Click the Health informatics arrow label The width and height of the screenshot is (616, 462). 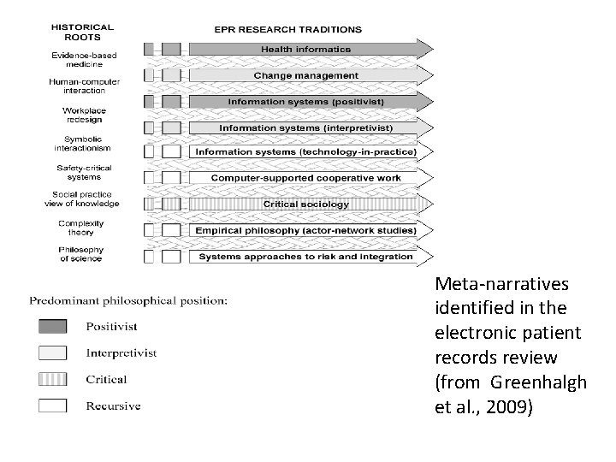(x=305, y=50)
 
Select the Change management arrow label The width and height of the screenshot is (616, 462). (x=305, y=75)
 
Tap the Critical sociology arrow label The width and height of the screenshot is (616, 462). (x=305, y=204)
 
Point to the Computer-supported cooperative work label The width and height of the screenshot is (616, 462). (x=305, y=178)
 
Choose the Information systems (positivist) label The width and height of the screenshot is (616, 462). (x=305, y=101)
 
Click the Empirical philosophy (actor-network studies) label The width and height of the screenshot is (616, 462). (x=305, y=230)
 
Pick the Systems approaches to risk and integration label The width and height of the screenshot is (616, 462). (x=305, y=256)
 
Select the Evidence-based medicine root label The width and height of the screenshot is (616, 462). (x=83, y=59)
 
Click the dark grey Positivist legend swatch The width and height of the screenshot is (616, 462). (x=51, y=326)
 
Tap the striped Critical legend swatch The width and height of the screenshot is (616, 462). (x=51, y=379)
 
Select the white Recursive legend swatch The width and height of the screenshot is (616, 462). (x=51, y=406)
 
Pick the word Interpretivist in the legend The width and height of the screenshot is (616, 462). (x=121, y=352)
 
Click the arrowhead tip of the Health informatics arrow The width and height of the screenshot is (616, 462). (x=434, y=49)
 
